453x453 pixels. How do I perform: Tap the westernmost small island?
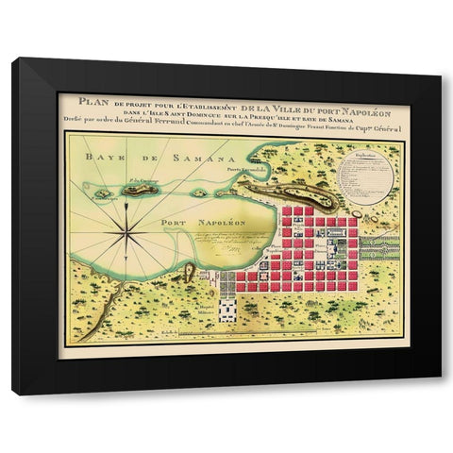click(x=101, y=193)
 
